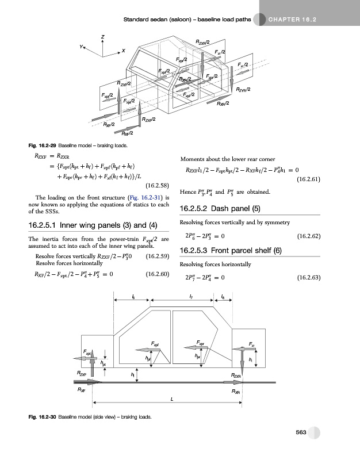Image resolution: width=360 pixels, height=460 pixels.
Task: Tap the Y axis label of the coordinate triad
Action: click(82, 47)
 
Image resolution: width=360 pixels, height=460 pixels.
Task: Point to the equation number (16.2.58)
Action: click(157, 186)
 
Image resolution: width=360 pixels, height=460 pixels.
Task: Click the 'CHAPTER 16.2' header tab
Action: click(293, 21)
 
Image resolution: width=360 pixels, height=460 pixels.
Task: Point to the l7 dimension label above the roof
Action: click(190, 297)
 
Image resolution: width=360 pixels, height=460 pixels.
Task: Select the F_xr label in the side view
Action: click(252, 344)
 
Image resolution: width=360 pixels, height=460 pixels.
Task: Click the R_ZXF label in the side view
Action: click(82, 374)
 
